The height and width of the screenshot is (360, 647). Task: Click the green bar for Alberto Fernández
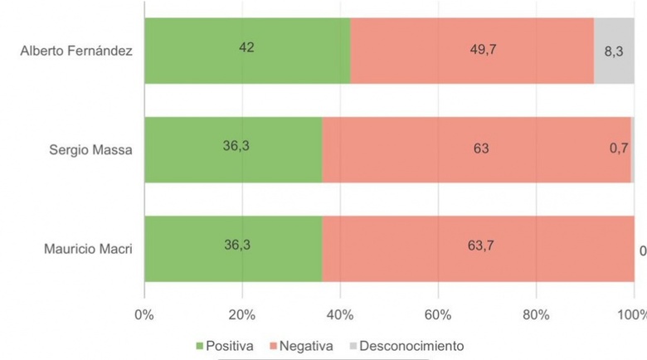pyautogui.click(x=247, y=51)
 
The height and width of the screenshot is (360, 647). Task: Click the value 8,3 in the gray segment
pyautogui.click(x=614, y=51)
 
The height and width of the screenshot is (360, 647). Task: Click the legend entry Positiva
pyautogui.click(x=220, y=345)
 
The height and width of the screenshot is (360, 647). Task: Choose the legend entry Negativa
pyautogui.click(x=304, y=345)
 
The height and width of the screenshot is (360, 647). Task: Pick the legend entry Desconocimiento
pyautogui.click(x=406, y=345)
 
